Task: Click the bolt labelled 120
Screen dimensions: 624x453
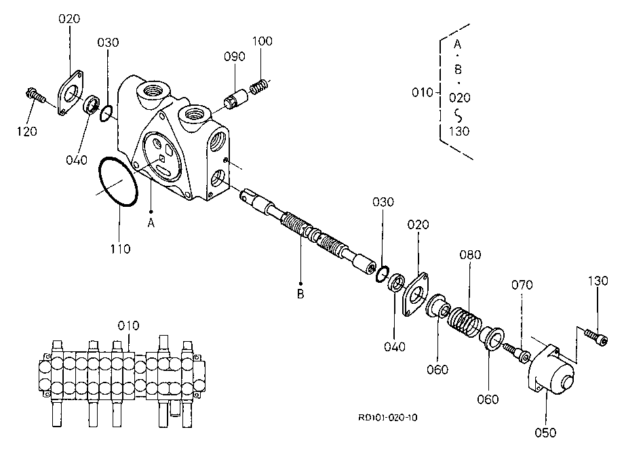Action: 35,95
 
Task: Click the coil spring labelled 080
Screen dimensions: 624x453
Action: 465,321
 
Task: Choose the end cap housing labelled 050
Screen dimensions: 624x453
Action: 551,370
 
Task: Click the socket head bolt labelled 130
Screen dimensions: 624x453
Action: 597,337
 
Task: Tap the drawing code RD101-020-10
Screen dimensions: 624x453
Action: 387,417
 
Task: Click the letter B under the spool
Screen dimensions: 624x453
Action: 300,294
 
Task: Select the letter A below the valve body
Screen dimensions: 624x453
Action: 151,224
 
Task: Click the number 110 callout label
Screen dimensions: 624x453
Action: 120,249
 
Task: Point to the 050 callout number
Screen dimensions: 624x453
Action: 545,433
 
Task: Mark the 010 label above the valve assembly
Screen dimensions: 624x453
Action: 129,326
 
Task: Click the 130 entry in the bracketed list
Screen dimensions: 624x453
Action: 459,132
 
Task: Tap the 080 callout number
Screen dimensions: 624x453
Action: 471,254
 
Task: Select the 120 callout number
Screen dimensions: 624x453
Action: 26,132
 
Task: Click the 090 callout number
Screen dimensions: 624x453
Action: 235,56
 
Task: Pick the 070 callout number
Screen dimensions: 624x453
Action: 522,285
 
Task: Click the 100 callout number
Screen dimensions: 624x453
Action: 262,41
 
